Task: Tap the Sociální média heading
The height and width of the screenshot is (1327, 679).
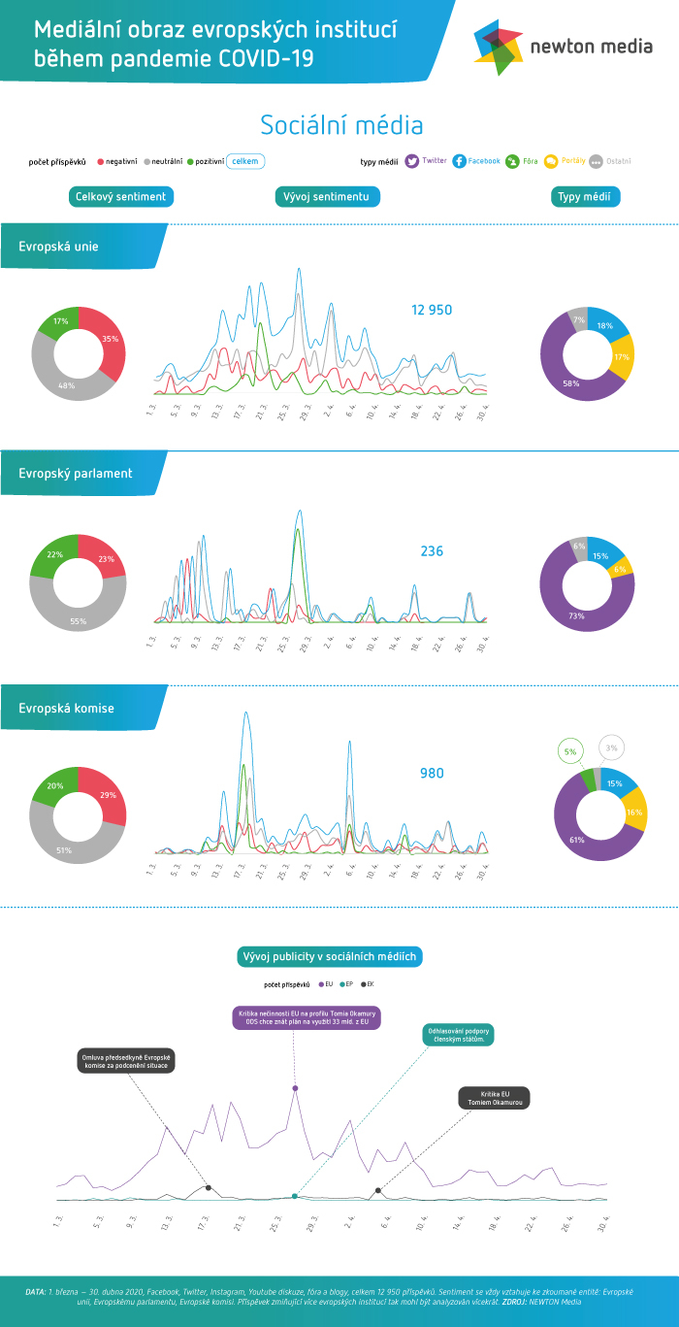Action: coord(341,125)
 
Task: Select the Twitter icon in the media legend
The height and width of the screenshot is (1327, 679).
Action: coord(412,161)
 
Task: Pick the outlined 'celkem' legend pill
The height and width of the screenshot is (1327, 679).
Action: coord(245,161)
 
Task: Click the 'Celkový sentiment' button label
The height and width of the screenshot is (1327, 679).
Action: coord(121,197)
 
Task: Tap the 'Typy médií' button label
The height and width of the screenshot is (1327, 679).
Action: coord(586,197)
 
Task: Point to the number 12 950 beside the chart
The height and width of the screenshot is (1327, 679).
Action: coord(432,311)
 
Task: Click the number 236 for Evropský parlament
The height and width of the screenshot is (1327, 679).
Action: coord(432,551)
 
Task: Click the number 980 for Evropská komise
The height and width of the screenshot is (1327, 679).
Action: coord(432,773)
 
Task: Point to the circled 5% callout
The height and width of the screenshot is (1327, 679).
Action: coord(570,751)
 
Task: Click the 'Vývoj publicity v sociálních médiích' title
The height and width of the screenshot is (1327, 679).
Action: coord(330,957)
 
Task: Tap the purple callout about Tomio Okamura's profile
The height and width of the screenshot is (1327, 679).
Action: coord(305,1016)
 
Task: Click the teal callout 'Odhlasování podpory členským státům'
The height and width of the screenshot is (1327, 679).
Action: coord(459,1035)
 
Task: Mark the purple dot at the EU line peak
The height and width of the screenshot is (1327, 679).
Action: coord(295,1088)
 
